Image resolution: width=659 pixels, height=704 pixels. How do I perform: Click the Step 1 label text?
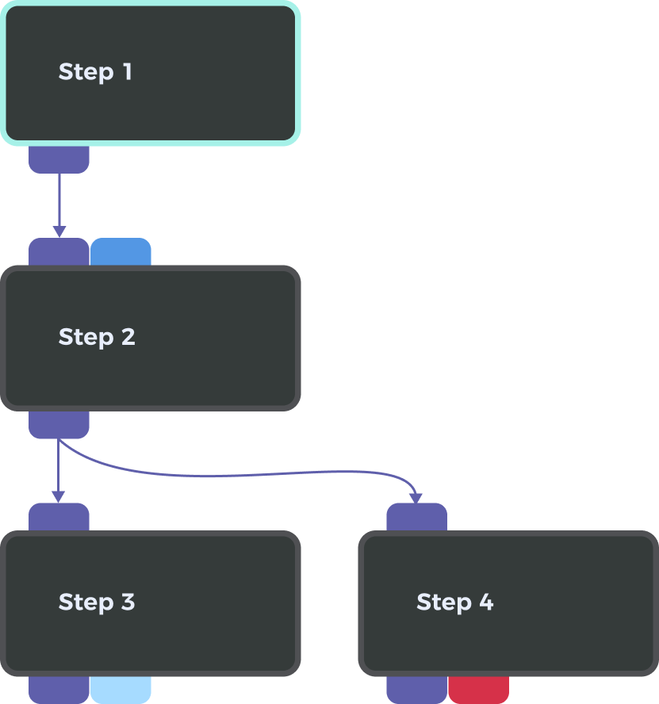pyautogui.click(x=95, y=72)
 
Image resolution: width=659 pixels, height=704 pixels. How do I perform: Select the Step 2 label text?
pyautogui.click(x=97, y=337)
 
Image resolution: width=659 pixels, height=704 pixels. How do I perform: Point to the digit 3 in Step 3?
pyautogui.click(x=128, y=603)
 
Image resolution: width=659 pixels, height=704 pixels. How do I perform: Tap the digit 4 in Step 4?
pyautogui.click(x=486, y=603)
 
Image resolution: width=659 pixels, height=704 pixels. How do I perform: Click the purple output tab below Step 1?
pyautogui.click(x=59, y=159)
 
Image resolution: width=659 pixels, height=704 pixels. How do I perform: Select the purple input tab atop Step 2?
pyautogui.click(x=59, y=252)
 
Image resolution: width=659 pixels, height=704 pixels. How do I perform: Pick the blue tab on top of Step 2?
pyautogui.click(x=121, y=252)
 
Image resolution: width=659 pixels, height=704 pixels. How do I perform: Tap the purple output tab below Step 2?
pyautogui.click(x=59, y=425)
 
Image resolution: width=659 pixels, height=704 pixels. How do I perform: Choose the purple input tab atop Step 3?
pyautogui.click(x=59, y=517)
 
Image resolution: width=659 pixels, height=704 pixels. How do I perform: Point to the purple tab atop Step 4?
pyautogui.click(x=416, y=517)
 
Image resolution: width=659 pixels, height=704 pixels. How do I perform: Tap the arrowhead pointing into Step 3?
pyautogui.click(x=59, y=497)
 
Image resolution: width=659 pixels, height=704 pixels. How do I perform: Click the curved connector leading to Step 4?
pyautogui.click(x=238, y=476)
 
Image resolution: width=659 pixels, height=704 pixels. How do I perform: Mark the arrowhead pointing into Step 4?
pyautogui.click(x=416, y=498)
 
